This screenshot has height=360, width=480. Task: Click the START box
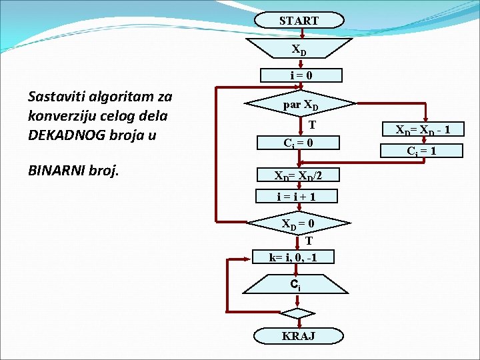(298, 21)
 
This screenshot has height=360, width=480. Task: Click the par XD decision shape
(300, 105)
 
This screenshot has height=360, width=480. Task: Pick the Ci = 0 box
(298, 143)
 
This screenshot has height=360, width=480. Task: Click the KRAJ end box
(297, 336)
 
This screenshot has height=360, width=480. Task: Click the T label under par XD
(311, 125)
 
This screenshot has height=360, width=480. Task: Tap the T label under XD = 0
(309, 241)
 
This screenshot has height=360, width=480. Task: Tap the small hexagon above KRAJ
(297, 312)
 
